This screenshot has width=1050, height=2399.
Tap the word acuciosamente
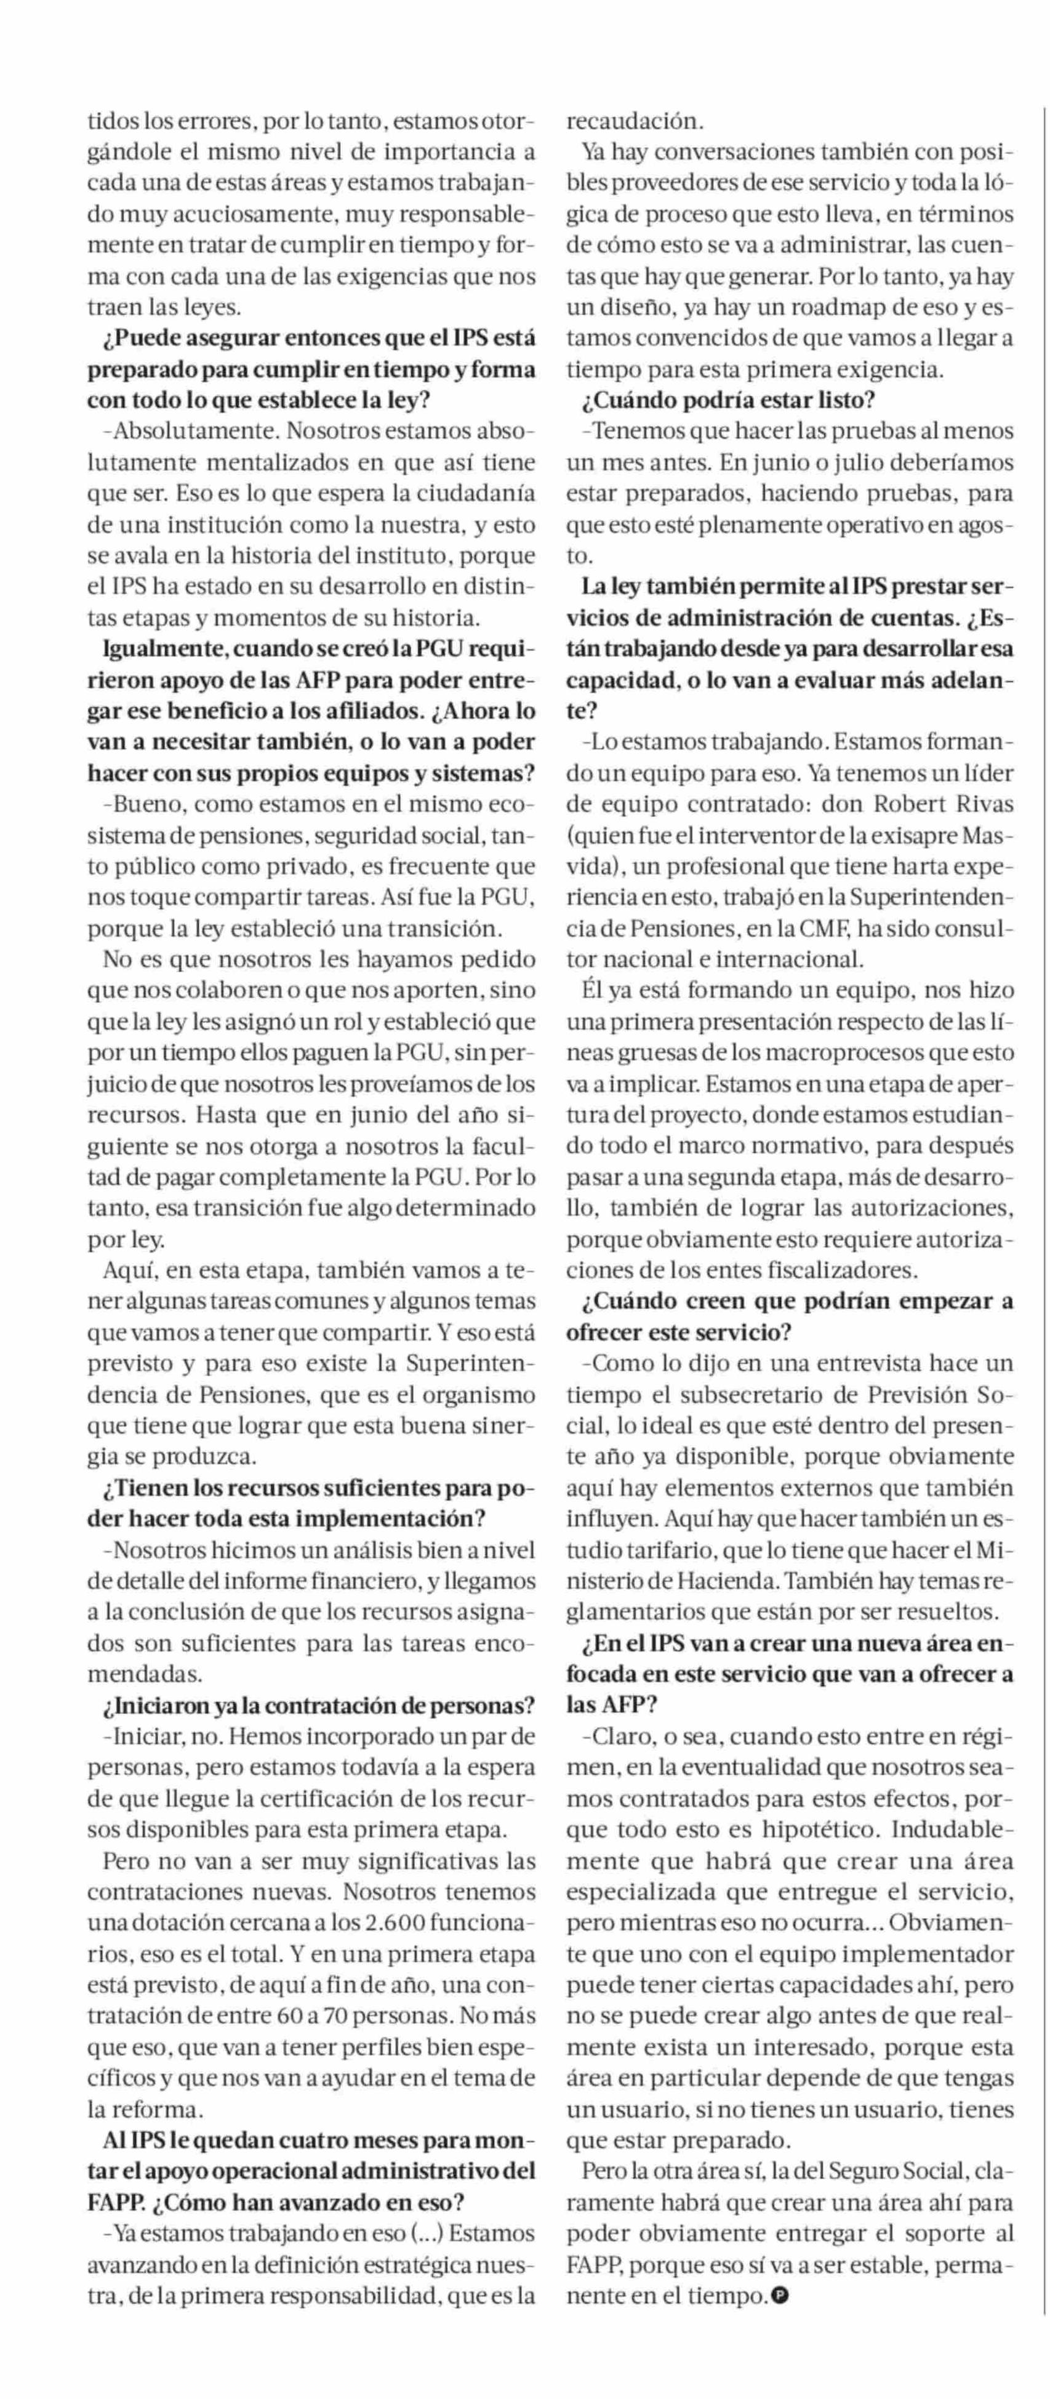[x=246, y=214]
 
